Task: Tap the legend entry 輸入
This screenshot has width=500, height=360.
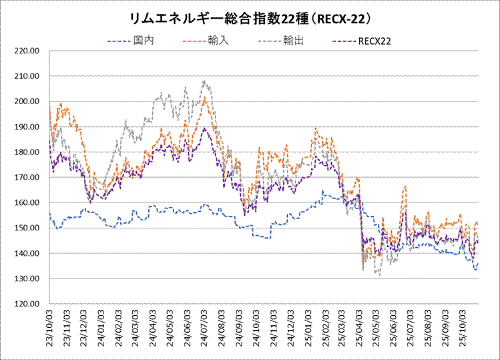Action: (x=220, y=41)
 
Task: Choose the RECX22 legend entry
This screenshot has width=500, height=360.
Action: (x=374, y=41)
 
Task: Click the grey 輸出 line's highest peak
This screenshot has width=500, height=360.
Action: (x=204, y=81)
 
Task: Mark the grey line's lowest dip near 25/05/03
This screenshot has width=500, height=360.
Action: (x=379, y=274)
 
